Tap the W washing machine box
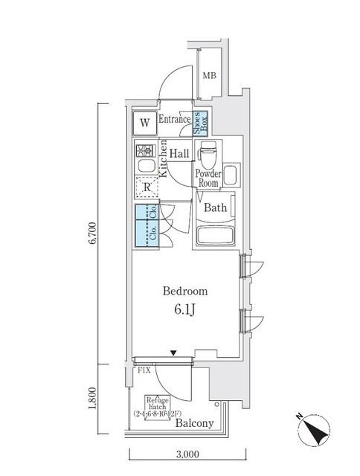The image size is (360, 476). click(144, 122)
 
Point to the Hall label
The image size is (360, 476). click(179, 153)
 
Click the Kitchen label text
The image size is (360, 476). click(162, 162)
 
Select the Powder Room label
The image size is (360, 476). click(207, 178)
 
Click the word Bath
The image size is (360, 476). click(216, 208)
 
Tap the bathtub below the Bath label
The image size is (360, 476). click(216, 237)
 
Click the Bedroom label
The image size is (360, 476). click(186, 292)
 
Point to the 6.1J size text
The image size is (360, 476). click(186, 310)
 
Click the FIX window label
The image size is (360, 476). click(144, 368)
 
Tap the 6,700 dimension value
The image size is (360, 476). click(93, 232)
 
